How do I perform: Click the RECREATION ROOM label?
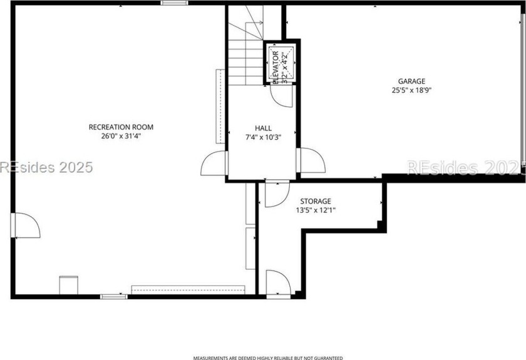(x=121, y=127)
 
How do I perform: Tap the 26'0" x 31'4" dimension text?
(x=121, y=136)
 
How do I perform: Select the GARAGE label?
(x=411, y=81)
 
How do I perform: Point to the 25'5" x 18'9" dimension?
(x=411, y=90)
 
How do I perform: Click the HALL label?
(x=263, y=128)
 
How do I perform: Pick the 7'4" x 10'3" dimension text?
(x=263, y=137)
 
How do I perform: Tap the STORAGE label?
(x=315, y=201)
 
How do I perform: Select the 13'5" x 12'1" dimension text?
(x=315, y=210)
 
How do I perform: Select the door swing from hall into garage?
(x=311, y=161)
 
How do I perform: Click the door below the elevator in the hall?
(x=277, y=95)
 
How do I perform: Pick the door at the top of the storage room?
(x=276, y=193)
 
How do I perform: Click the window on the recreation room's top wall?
(x=174, y=3)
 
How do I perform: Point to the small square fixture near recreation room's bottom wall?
(x=68, y=284)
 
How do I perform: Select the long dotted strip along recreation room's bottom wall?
(x=188, y=289)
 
